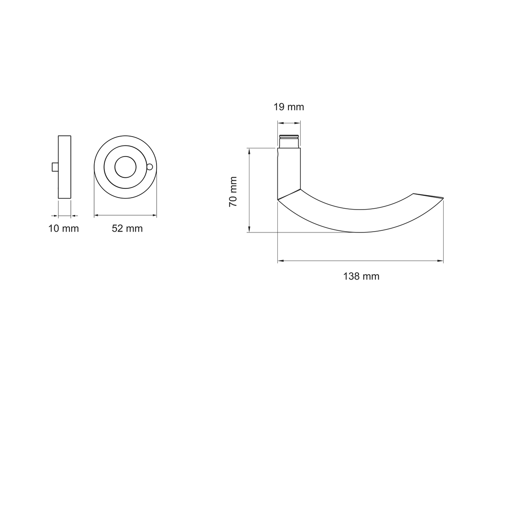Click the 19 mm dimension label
[x=288, y=107]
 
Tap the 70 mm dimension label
[x=233, y=191]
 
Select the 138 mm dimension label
[x=361, y=276]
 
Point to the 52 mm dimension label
[x=127, y=229]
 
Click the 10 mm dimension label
[x=63, y=229]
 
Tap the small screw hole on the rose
[x=149, y=167]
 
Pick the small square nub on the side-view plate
[x=55, y=167]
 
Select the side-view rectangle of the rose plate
[x=64, y=167]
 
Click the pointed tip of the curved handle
[x=443, y=198]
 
